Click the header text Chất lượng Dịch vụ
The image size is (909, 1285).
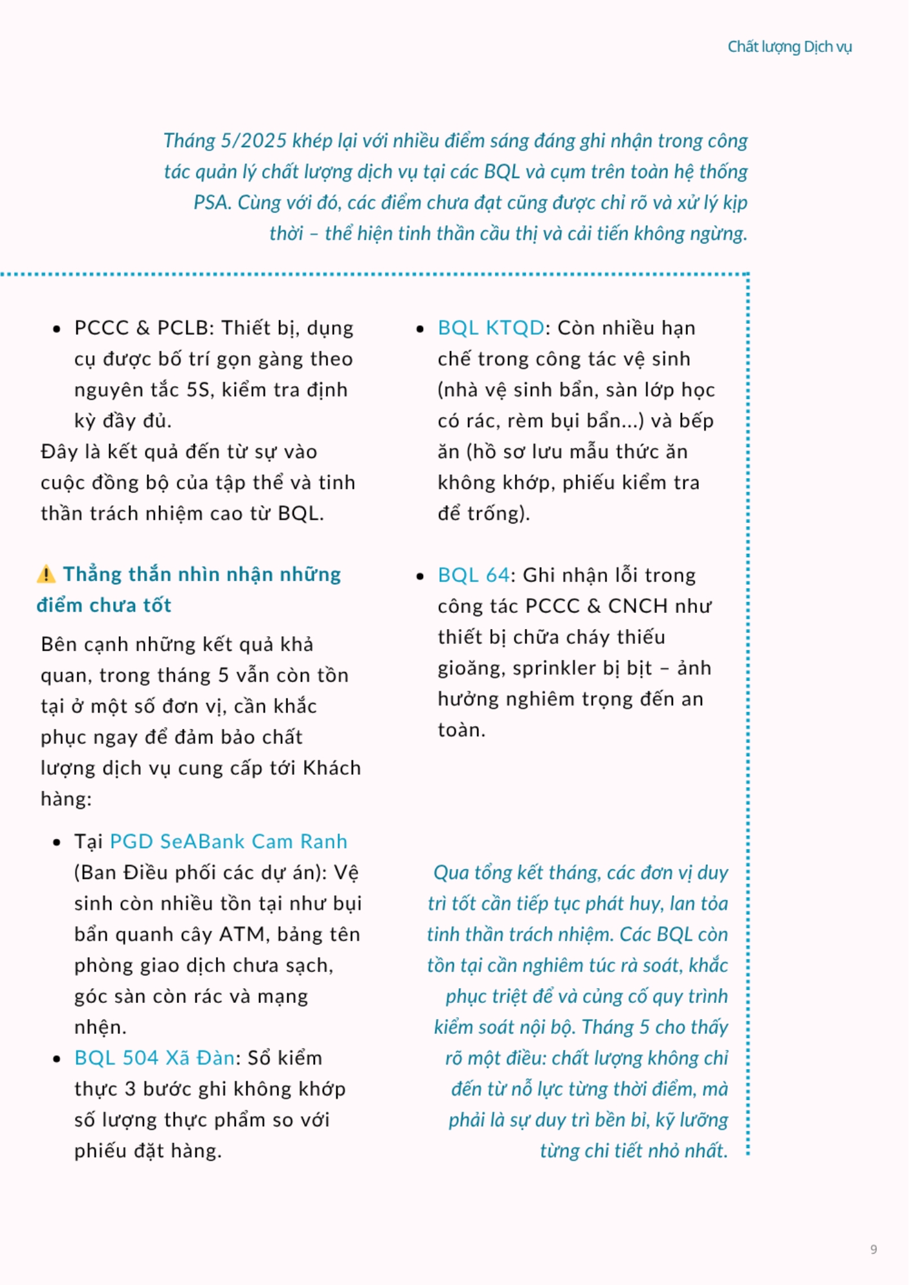point(789,47)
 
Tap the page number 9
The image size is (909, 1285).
point(874,1249)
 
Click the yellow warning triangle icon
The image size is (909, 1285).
point(46,574)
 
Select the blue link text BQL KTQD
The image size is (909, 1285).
point(491,328)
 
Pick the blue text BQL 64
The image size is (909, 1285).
point(473,574)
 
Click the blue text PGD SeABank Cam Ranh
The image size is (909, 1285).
point(228,841)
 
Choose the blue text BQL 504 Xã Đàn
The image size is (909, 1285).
point(154,1058)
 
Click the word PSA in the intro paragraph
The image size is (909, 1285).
point(212,202)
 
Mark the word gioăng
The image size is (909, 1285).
point(470,669)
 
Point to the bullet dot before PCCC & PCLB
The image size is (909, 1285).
point(57,329)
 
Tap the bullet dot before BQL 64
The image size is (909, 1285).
point(420,576)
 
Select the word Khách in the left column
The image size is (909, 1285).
point(332,768)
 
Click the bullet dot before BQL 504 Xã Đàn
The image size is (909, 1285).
point(57,1059)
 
